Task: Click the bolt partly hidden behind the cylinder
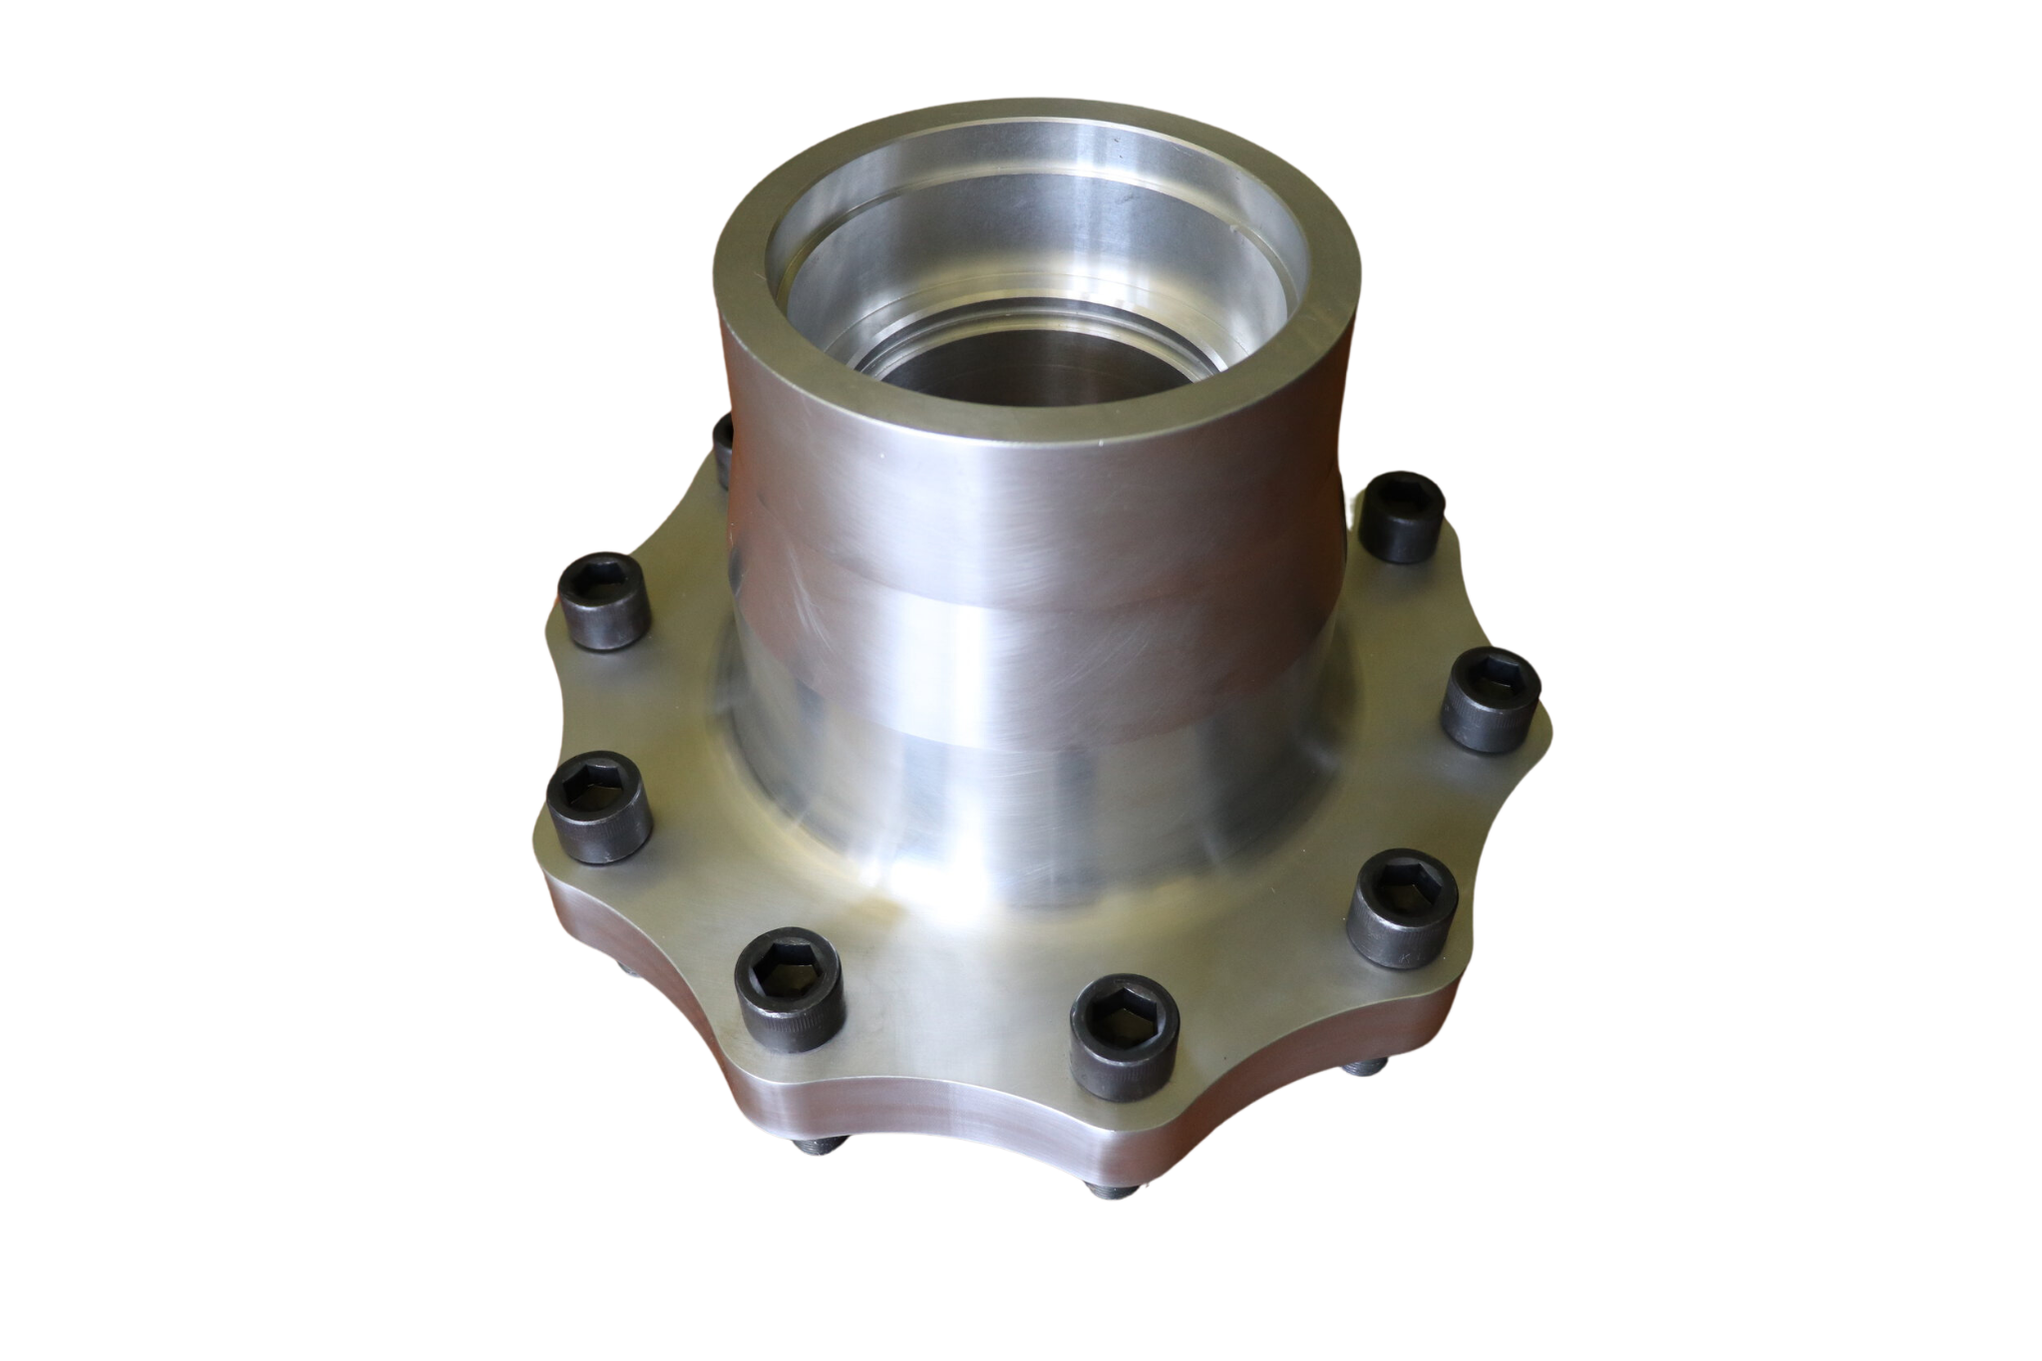(x=724, y=439)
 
